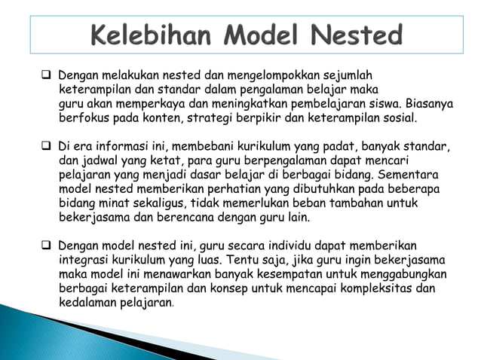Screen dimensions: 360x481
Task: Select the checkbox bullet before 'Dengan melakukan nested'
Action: point(47,75)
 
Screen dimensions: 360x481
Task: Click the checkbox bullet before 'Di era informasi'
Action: point(47,145)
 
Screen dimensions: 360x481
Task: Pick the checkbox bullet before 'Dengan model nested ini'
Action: point(47,246)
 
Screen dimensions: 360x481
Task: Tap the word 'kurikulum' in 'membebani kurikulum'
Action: point(224,145)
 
